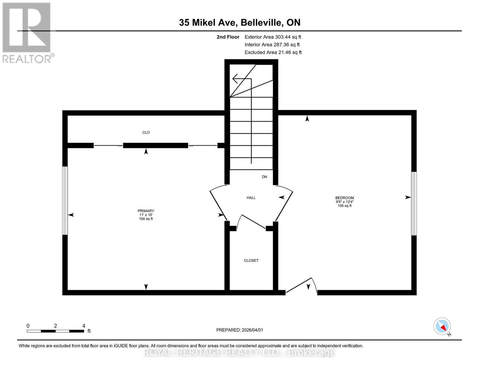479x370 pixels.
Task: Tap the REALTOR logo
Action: point(27,32)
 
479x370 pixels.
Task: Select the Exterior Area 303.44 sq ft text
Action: point(273,37)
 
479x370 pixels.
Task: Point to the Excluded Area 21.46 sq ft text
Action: point(273,52)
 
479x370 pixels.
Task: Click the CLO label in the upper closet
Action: point(146,133)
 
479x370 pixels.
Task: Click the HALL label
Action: point(251,198)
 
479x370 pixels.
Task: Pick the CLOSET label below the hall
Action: point(251,261)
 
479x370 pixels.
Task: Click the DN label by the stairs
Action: point(264,177)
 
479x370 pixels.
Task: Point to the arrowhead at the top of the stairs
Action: point(236,79)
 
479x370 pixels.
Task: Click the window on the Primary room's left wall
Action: point(65,201)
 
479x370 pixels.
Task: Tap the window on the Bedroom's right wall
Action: point(414,203)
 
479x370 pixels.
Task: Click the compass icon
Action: point(442,326)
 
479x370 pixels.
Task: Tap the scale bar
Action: point(56,331)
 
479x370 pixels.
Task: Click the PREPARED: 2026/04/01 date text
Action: point(240,330)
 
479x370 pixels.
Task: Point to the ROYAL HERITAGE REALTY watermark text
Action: point(239,352)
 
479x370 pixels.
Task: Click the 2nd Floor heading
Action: point(228,37)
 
